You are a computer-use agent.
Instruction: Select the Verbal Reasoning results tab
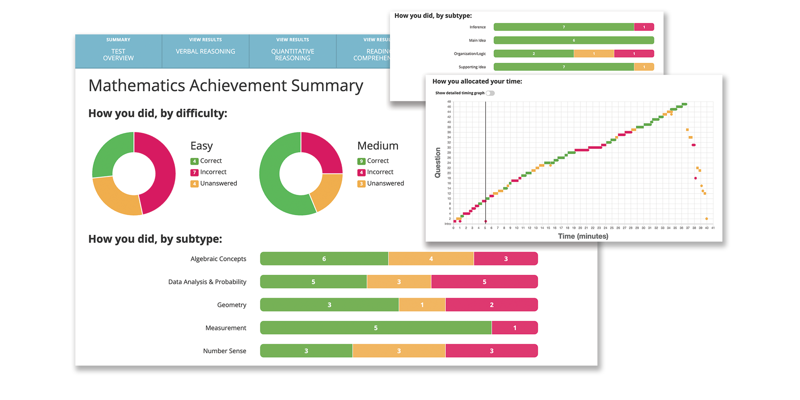(x=205, y=51)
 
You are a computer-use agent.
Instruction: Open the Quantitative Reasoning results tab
(x=292, y=54)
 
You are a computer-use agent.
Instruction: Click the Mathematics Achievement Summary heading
(x=226, y=86)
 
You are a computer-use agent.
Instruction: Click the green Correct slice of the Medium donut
(x=276, y=180)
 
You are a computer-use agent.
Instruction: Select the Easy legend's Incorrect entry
(x=213, y=172)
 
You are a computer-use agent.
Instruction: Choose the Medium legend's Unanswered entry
(x=385, y=184)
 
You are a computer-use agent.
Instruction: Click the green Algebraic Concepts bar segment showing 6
(x=324, y=259)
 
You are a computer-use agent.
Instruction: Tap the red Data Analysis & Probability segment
(x=484, y=282)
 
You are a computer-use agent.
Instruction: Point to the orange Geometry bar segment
(x=422, y=305)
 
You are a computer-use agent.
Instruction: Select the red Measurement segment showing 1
(x=514, y=328)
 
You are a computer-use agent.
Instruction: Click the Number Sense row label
(x=224, y=351)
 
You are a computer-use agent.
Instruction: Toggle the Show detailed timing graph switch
(x=490, y=93)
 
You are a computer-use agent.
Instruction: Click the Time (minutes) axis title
(x=583, y=236)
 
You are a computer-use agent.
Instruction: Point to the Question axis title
(x=438, y=162)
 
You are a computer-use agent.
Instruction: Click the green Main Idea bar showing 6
(x=574, y=40)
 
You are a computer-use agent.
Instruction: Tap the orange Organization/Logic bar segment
(x=594, y=54)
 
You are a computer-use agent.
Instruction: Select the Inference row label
(x=478, y=27)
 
